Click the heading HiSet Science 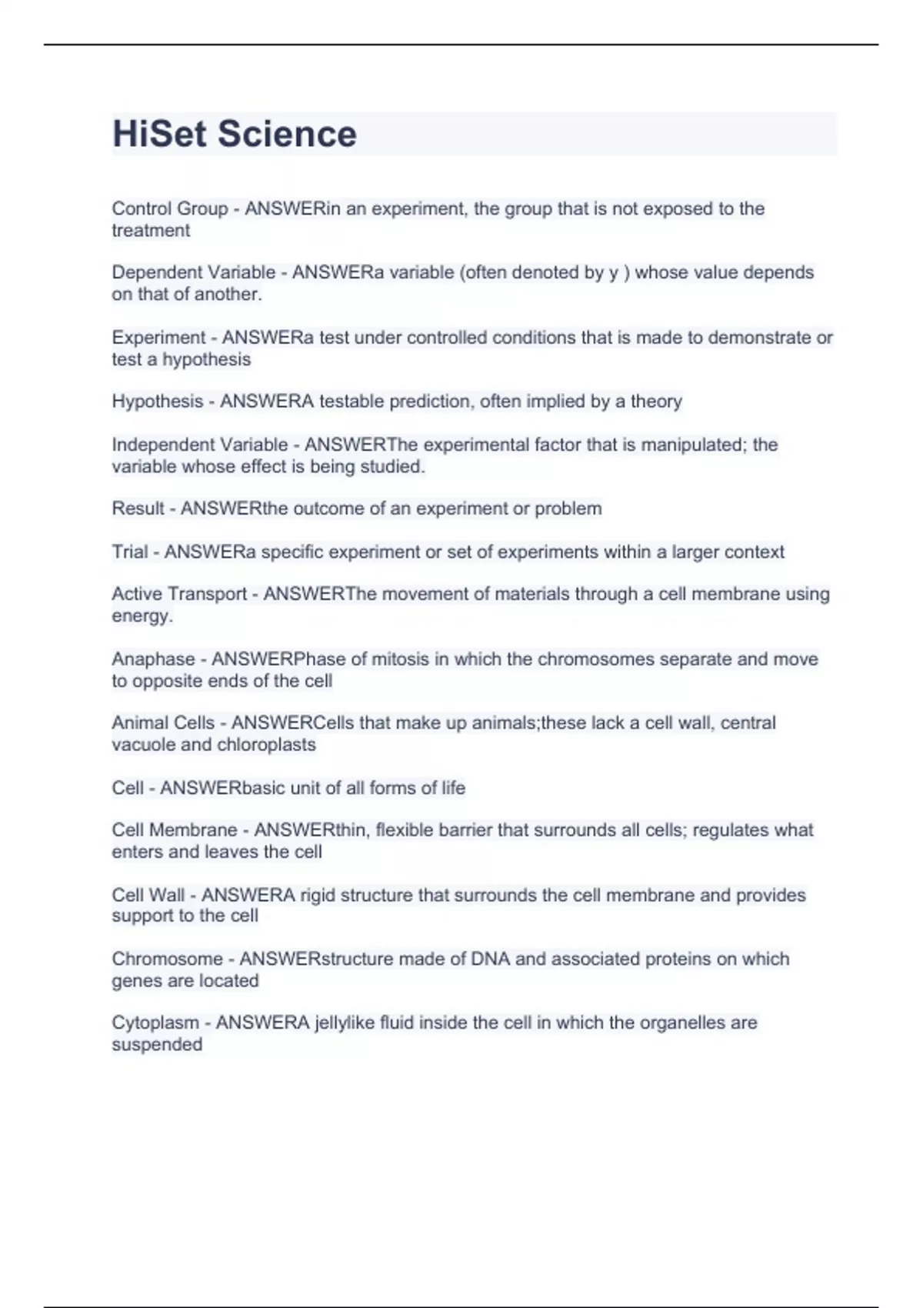tap(235, 134)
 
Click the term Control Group tap(170, 209)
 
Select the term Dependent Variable tap(194, 272)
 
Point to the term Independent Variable tap(200, 445)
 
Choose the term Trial tap(130, 552)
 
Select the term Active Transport tap(179, 594)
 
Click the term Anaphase tap(153, 659)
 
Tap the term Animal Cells tap(163, 723)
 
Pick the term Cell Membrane tap(175, 830)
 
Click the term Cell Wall tap(148, 895)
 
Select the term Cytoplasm tap(155, 1023)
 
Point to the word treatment tap(151, 230)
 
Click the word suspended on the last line tap(157, 1045)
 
